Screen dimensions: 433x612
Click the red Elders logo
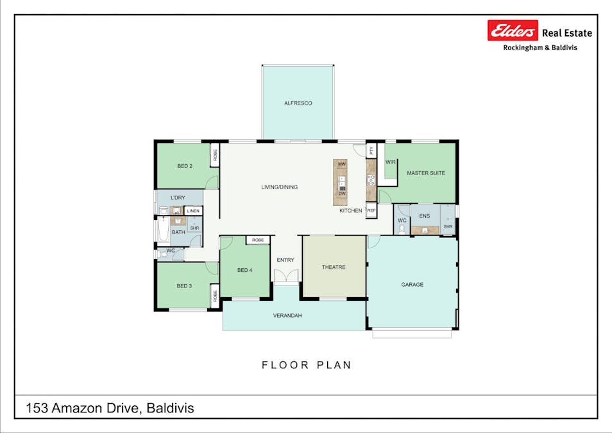pos(513,31)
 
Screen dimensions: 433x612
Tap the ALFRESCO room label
pos(298,103)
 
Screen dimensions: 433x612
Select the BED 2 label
pos(185,166)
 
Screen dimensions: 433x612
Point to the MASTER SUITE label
pos(425,173)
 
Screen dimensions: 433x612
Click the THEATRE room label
pos(334,267)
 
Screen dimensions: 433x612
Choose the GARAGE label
pos(412,284)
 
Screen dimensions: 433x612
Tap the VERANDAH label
pos(287,316)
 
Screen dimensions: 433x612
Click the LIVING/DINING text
pos(279,187)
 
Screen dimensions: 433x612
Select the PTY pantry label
pos(371,151)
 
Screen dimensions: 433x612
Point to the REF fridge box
pos(371,210)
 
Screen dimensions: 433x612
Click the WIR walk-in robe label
pos(390,162)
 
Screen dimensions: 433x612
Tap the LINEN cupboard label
pos(193,211)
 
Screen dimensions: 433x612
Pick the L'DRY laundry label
pos(179,198)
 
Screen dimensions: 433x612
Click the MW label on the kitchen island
pos(341,165)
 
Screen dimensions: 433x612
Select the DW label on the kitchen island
pos(341,193)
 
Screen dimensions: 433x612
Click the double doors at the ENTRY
pos(285,276)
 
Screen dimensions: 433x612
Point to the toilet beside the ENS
pos(402,229)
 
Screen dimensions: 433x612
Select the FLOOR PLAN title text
pos(306,365)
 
